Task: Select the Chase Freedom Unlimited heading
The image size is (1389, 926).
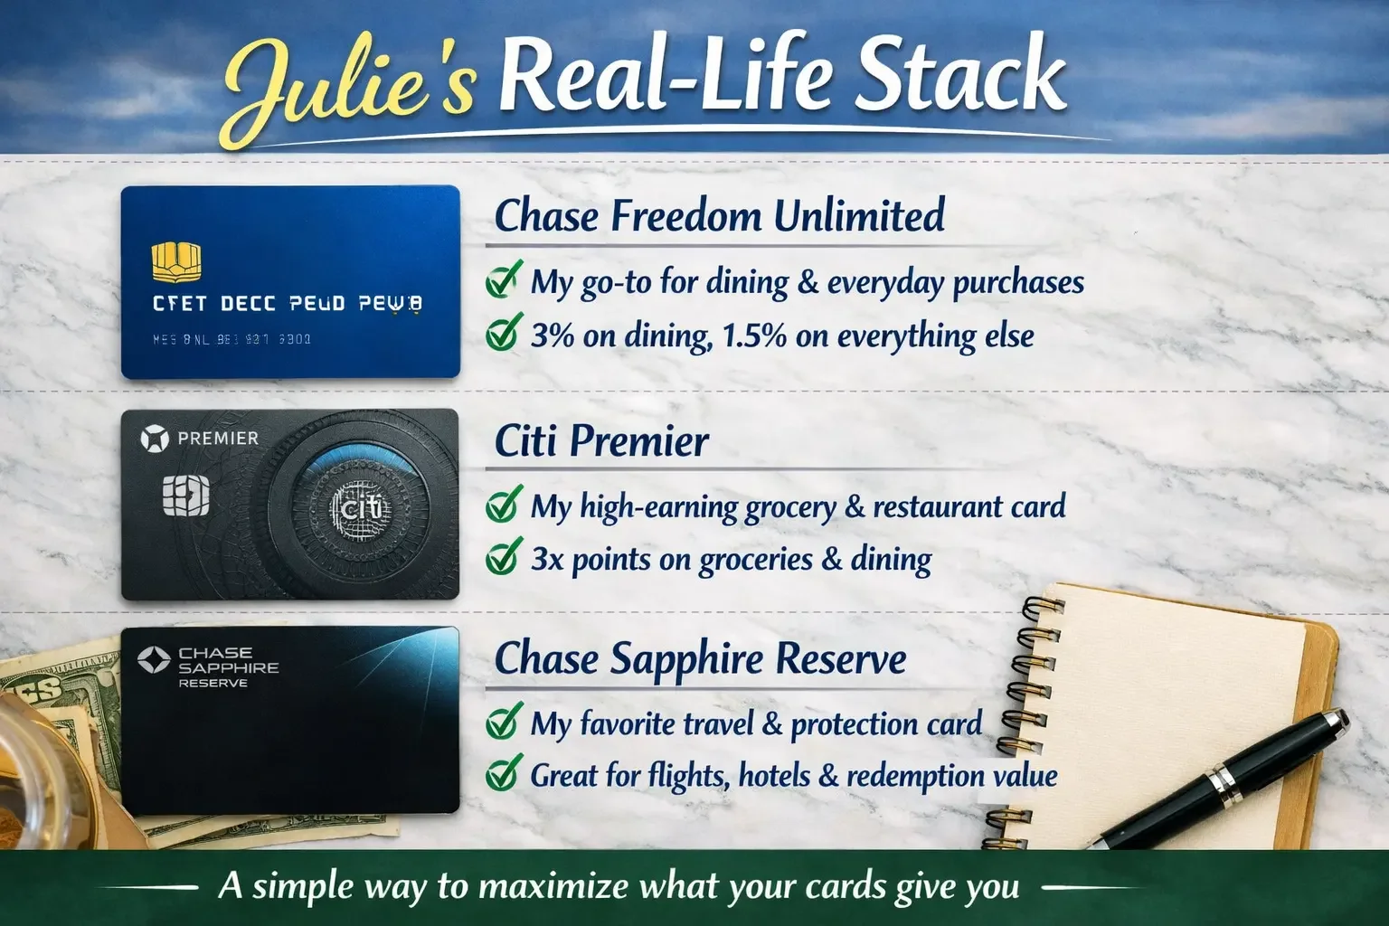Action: click(719, 215)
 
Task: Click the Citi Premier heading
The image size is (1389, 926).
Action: click(601, 440)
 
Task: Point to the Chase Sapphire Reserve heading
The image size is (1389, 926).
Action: click(700, 657)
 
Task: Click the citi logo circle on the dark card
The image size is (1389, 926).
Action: click(360, 508)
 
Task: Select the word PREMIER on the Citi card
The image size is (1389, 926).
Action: click(218, 439)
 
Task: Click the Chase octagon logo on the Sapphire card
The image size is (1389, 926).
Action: click(154, 659)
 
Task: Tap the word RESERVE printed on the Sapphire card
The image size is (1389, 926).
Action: click(213, 683)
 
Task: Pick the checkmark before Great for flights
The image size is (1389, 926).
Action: click(503, 774)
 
